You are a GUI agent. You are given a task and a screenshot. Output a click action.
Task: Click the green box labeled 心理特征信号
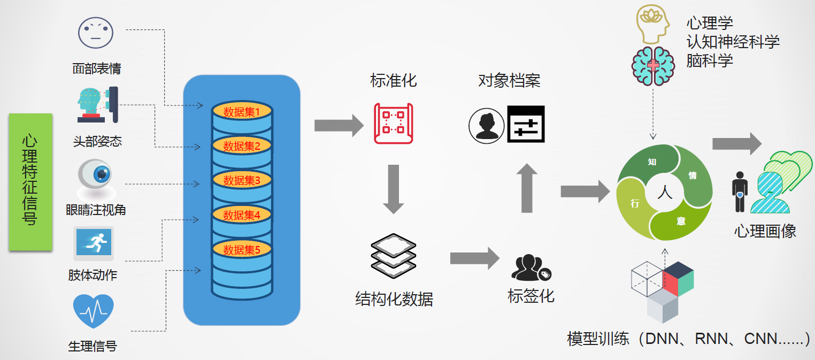coord(30,182)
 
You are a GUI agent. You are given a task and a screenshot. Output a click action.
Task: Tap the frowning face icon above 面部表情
coord(96,33)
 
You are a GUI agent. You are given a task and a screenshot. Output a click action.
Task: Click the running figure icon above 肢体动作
coord(94,243)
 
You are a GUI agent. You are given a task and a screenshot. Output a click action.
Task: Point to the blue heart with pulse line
coord(94,310)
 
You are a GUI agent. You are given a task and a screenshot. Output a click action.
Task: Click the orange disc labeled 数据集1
coord(242,111)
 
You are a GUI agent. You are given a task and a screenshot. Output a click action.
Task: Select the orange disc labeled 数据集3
coord(242,180)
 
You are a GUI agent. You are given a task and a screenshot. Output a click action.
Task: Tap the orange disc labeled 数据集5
coord(242,249)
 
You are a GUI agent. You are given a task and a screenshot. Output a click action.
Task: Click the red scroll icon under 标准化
coord(393,124)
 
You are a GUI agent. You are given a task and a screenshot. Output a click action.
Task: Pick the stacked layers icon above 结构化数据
coord(393,256)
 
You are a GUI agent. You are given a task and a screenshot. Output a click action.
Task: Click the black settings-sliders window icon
coord(526,124)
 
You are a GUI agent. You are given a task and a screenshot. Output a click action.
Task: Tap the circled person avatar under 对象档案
coord(487,126)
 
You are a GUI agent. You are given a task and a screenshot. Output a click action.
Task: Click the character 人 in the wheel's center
coord(665,192)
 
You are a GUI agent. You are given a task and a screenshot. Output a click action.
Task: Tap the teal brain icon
coord(653,66)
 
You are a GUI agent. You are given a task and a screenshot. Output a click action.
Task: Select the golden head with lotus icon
coord(653,24)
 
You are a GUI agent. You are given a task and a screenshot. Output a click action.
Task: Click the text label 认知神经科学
coord(733,42)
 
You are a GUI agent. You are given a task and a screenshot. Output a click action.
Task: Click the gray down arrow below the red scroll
coord(393,189)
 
